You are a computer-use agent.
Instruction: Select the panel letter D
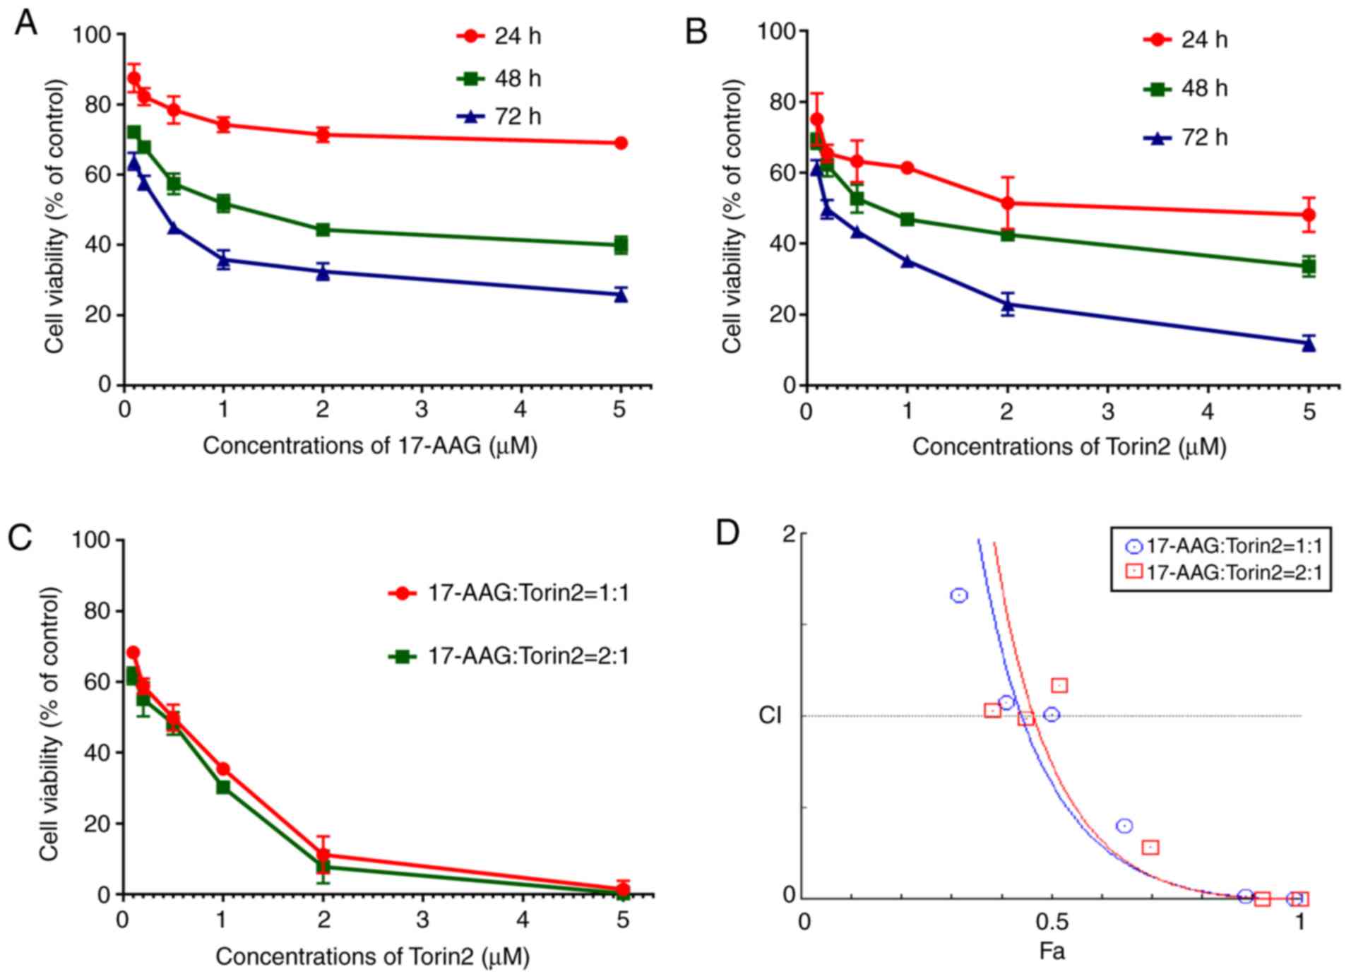pyautogui.click(x=727, y=534)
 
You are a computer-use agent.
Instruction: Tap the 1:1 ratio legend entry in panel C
pyautogui.click(x=508, y=593)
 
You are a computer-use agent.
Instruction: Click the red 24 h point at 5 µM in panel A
pyautogui.click(x=621, y=143)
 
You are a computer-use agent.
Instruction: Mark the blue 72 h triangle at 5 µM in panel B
pyautogui.click(x=1309, y=344)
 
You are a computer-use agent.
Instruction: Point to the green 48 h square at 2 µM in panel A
pyautogui.click(x=323, y=230)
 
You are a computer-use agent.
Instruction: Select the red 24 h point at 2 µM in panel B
pyautogui.click(x=1008, y=203)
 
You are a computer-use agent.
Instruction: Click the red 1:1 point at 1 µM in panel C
pyautogui.click(x=223, y=769)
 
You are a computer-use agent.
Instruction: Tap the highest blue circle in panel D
pyautogui.click(x=958, y=595)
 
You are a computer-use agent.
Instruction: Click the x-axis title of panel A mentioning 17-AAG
pyautogui.click(x=370, y=446)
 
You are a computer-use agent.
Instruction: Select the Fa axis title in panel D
pyautogui.click(x=1052, y=952)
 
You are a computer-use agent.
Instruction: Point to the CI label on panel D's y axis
pyautogui.click(x=770, y=716)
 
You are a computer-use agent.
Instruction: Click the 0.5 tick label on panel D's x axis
pyautogui.click(x=1052, y=922)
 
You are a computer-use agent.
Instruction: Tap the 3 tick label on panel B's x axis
pyautogui.click(x=1107, y=411)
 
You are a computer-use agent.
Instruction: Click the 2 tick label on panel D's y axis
pyautogui.click(x=789, y=535)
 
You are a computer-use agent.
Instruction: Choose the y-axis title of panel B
pyautogui.click(x=732, y=215)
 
